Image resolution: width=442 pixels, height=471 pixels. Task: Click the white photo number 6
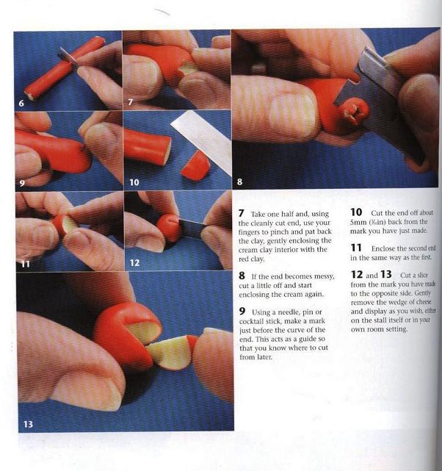[21, 103]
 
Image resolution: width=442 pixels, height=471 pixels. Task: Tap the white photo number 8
[239, 181]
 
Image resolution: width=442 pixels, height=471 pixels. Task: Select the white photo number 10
[134, 182]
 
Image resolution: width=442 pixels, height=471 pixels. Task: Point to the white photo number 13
[28, 424]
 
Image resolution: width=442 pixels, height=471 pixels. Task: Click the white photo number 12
[134, 263]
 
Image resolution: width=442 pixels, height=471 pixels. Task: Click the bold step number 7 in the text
[242, 214]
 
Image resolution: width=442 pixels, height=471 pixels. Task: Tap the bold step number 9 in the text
[242, 312]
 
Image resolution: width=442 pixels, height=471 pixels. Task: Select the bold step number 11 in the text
[356, 248]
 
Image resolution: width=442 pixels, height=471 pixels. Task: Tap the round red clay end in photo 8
[356, 112]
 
